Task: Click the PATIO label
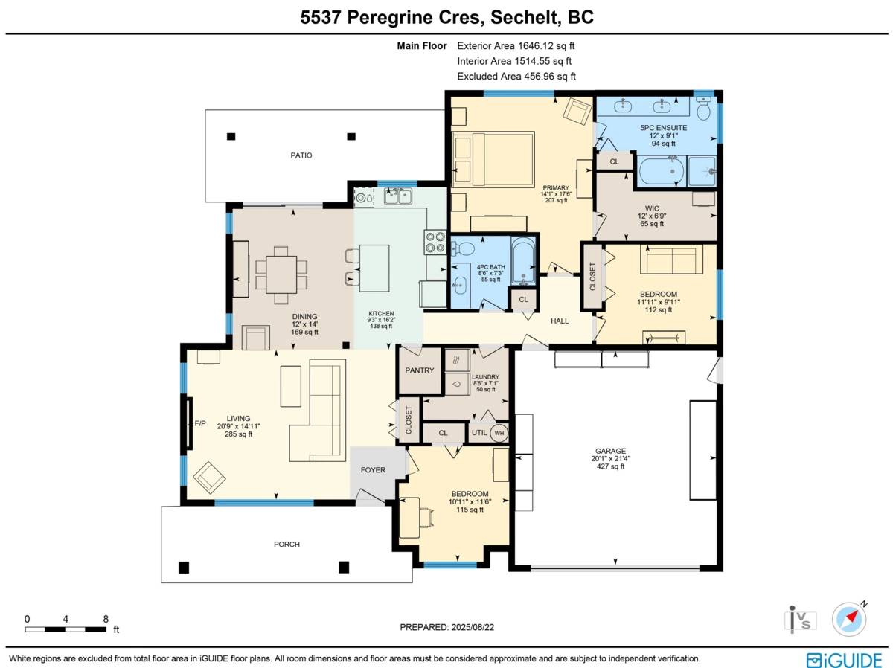(x=301, y=155)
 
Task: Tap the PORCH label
(x=287, y=545)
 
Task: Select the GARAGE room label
(x=610, y=450)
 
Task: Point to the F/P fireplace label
(x=199, y=423)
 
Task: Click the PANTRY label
(x=420, y=370)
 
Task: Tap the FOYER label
(x=374, y=470)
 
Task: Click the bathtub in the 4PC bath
(x=524, y=260)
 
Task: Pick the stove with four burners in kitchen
(x=435, y=243)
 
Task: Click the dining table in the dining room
(x=282, y=274)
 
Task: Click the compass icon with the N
(x=849, y=618)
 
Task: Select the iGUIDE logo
(x=845, y=660)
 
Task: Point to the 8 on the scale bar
(x=106, y=619)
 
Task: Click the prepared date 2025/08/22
(x=446, y=627)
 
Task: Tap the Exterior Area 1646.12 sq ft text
(x=516, y=45)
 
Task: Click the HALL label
(x=560, y=321)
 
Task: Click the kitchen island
(x=375, y=268)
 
